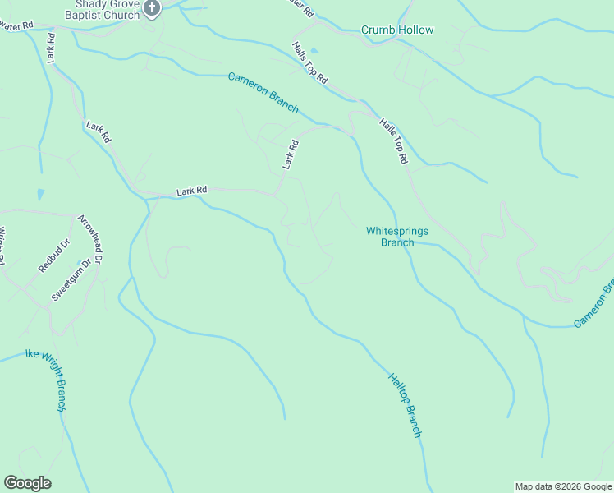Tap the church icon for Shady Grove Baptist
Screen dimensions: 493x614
[152, 8]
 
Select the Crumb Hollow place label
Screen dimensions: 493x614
[397, 30]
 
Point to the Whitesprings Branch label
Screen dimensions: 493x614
[397, 237]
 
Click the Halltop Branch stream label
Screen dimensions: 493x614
[406, 405]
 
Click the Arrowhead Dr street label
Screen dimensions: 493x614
[89, 239]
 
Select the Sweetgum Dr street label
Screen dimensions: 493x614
[73, 279]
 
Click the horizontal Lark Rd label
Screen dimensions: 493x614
[191, 191]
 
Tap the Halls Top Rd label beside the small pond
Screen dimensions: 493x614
[310, 63]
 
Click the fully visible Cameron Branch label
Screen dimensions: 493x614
[263, 93]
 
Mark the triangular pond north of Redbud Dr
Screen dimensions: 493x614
[40, 195]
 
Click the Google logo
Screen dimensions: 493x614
[27, 483]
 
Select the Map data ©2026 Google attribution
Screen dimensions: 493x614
[562, 486]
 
